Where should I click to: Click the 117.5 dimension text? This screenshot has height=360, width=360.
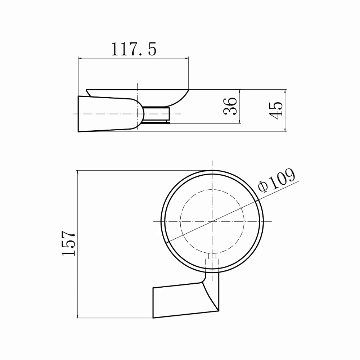tap(134, 49)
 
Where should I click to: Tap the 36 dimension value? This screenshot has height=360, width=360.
tap(230, 106)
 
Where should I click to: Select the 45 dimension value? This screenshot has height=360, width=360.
tap(275, 111)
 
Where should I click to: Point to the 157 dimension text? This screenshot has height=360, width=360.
tap(69, 243)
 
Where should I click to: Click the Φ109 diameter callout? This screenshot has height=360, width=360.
tap(276, 180)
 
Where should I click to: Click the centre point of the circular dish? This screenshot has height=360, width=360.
tap(212, 221)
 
